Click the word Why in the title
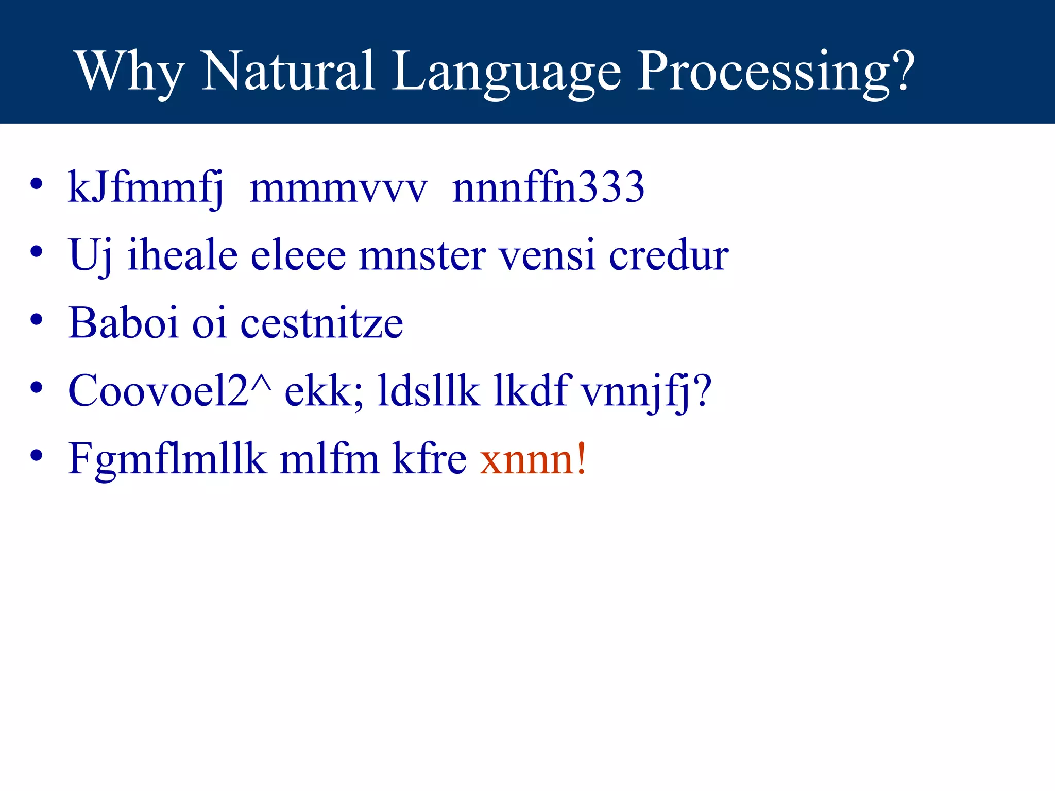click(130, 72)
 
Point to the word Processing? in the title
click(776, 72)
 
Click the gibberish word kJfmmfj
click(146, 188)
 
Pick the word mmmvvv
click(338, 188)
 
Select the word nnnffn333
click(548, 187)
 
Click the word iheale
click(182, 255)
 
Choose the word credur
click(668, 255)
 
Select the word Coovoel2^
click(169, 391)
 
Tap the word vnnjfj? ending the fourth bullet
click(646, 392)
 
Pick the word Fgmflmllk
click(167, 460)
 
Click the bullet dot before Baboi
click(36, 320)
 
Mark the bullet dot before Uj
click(36, 252)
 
